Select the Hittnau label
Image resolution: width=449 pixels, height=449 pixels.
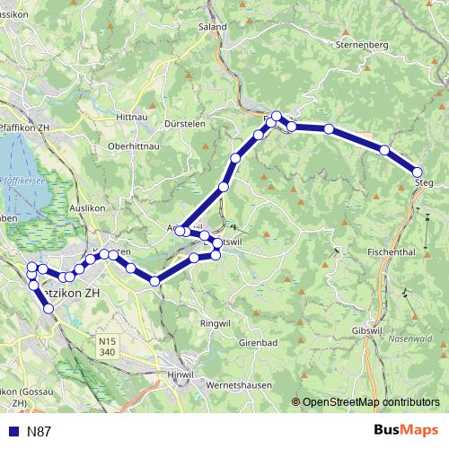(132, 118)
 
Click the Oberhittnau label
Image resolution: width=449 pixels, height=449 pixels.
(133, 145)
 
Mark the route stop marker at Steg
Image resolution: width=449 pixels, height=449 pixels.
(418, 172)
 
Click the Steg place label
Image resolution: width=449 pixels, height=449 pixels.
(424, 184)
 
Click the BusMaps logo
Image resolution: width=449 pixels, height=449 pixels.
(407, 430)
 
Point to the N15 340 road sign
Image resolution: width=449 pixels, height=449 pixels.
(109, 346)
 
